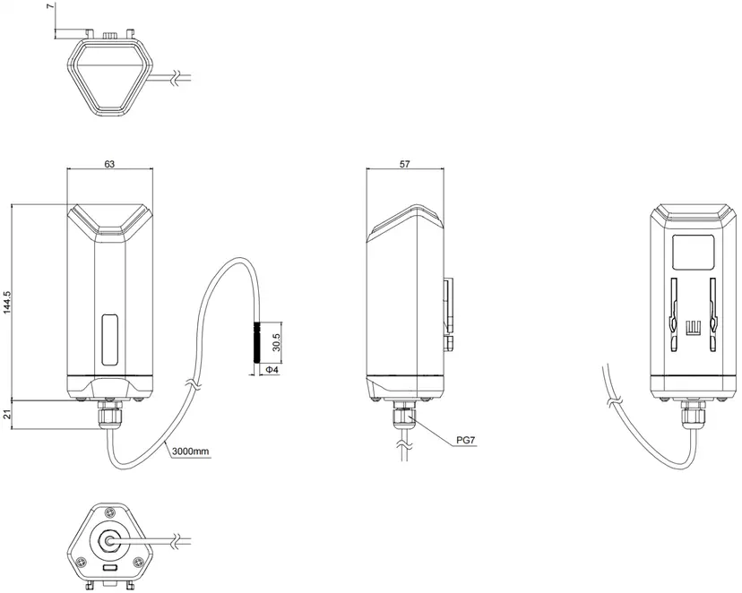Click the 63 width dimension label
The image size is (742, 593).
(x=109, y=164)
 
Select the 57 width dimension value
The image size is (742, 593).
(x=404, y=164)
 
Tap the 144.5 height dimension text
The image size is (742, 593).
(x=6, y=303)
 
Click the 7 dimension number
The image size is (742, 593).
(x=52, y=6)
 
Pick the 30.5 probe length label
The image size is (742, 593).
(x=277, y=342)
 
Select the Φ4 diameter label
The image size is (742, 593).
(x=272, y=370)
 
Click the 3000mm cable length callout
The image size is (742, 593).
(x=190, y=451)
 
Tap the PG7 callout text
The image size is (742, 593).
(x=466, y=440)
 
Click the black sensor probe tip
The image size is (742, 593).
(x=257, y=342)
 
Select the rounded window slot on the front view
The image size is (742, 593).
(x=110, y=339)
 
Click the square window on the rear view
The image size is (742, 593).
(x=693, y=252)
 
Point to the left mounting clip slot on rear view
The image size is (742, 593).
(x=673, y=314)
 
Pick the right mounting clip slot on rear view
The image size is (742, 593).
(x=712, y=314)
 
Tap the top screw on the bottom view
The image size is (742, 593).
(x=110, y=512)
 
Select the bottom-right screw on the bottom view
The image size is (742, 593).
(x=138, y=562)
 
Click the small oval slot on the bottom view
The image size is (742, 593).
(x=110, y=567)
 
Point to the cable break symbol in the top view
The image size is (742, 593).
(x=176, y=79)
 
